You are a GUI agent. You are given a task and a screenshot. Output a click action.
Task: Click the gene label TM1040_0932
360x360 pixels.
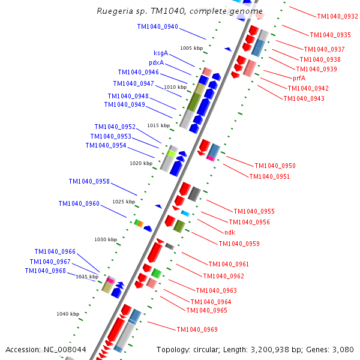click(x=337, y=17)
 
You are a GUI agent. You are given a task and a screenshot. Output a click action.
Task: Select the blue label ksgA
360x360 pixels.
click(x=161, y=53)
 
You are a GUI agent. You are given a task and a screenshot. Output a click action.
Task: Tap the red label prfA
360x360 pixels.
click(x=299, y=78)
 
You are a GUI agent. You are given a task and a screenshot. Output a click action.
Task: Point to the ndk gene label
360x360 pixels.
click(x=230, y=232)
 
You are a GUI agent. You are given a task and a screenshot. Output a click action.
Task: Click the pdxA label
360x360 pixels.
click(x=157, y=63)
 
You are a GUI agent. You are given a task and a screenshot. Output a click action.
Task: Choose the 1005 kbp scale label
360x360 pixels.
click(x=191, y=48)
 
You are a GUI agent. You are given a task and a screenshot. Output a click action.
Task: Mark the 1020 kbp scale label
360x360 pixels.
click(x=141, y=163)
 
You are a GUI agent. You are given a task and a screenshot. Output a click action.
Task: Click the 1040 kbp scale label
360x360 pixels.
click(x=68, y=314)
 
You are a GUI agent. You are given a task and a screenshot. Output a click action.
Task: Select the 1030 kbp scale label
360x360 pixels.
click(x=106, y=239)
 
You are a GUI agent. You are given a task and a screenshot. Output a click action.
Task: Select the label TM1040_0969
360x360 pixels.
click(x=197, y=329)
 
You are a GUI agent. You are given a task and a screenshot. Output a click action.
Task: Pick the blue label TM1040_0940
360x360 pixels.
click(x=157, y=26)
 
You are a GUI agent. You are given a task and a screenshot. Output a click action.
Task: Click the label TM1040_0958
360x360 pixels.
click(x=89, y=181)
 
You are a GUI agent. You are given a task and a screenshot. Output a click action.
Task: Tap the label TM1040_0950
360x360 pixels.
click(x=275, y=166)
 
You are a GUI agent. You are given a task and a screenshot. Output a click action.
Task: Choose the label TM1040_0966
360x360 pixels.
click(x=55, y=252)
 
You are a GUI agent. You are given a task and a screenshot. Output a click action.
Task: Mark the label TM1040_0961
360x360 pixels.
click(x=229, y=264)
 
